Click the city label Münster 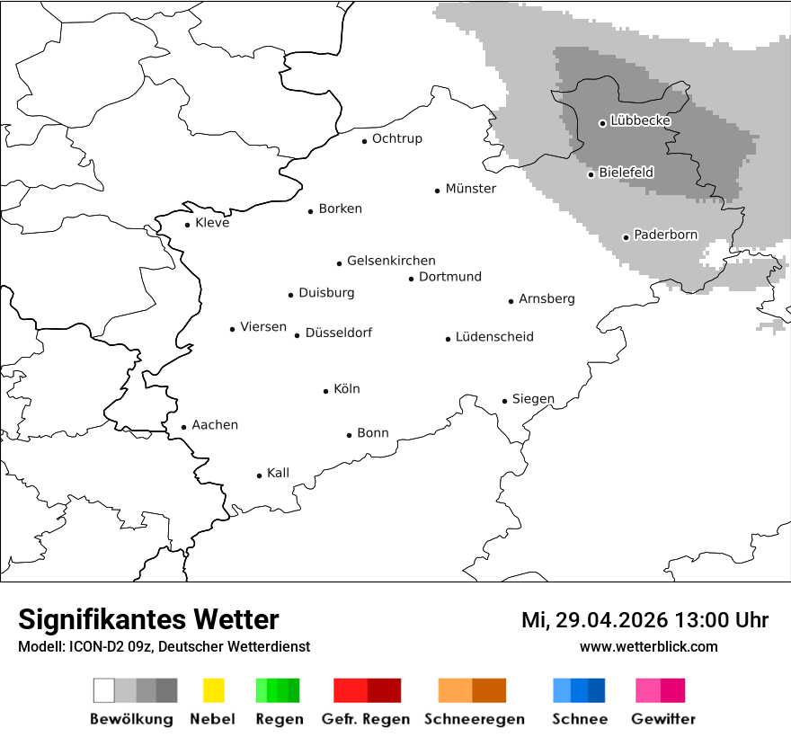point(471,189)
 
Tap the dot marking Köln point(326,391)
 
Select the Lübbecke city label point(640,120)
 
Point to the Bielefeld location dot point(591,174)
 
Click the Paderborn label point(665,235)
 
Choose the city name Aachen point(215,424)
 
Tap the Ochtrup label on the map point(396,138)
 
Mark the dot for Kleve point(188,225)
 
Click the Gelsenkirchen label point(391,261)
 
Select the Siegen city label point(533,399)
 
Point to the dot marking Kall point(260,475)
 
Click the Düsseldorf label point(338,333)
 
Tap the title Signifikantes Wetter point(148,619)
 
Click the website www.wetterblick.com point(648,646)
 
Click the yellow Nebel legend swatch point(213,690)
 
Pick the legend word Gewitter point(662,719)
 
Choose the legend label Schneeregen point(474,719)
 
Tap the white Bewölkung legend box point(104,690)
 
